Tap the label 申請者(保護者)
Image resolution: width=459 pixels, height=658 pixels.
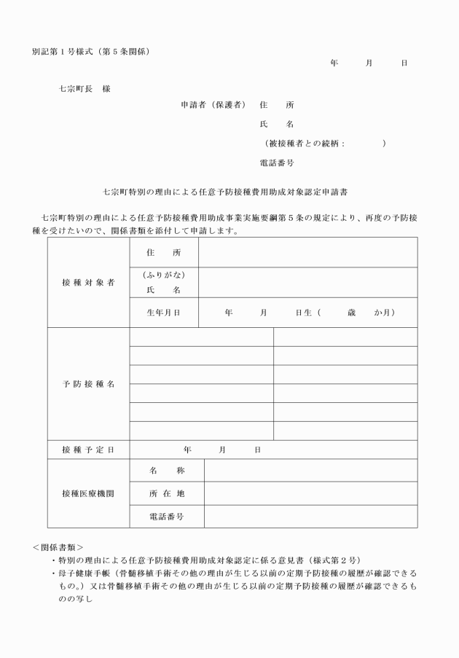(213, 105)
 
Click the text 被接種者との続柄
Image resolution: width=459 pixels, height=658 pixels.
(306, 144)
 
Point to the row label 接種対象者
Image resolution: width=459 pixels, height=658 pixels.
(88, 283)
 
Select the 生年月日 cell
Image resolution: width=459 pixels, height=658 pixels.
(164, 313)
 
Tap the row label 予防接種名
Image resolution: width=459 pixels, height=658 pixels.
(88, 384)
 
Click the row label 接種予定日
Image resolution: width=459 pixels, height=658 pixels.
(88, 450)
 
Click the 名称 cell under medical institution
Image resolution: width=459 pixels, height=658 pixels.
(166, 471)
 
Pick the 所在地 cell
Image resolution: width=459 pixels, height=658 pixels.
(166, 493)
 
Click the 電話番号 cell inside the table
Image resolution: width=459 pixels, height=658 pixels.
(166, 516)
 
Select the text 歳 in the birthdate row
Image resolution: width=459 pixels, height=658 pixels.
(353, 313)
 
